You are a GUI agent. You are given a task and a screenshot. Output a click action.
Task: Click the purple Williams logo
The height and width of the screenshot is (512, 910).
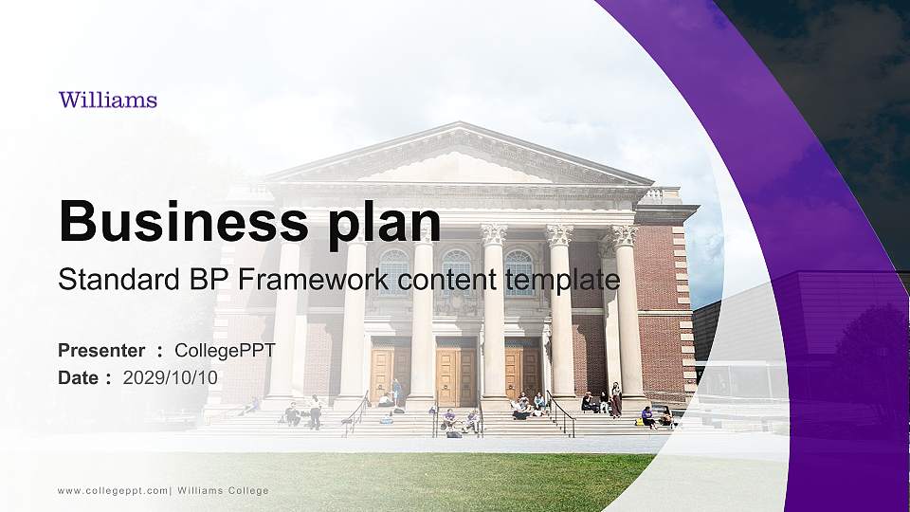pyautogui.click(x=107, y=100)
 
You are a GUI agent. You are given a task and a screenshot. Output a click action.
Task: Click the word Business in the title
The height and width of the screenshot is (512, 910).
pyautogui.click(x=174, y=221)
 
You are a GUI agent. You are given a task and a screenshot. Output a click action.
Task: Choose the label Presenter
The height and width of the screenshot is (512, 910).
pyautogui.click(x=101, y=351)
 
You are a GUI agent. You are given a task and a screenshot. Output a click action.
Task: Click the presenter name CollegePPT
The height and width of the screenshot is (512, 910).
pyautogui.click(x=225, y=351)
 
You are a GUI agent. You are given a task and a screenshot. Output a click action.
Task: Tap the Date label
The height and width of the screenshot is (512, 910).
pyautogui.click(x=79, y=377)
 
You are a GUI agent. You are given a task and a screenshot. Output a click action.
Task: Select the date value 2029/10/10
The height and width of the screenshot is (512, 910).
pyautogui.click(x=171, y=377)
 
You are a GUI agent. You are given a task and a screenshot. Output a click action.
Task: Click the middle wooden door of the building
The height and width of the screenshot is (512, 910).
pyautogui.click(x=455, y=375)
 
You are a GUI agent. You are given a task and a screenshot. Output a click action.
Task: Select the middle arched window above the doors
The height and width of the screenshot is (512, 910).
pyautogui.click(x=456, y=269)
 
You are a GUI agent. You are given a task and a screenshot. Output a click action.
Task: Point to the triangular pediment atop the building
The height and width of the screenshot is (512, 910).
pyautogui.click(x=460, y=157)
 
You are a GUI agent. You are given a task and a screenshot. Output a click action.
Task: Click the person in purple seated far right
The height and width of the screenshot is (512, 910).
pyautogui.click(x=647, y=417)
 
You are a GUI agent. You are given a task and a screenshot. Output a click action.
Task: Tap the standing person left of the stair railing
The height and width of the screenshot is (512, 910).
pyautogui.click(x=315, y=411)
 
